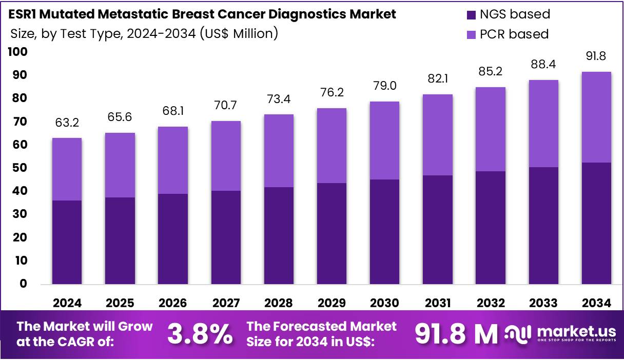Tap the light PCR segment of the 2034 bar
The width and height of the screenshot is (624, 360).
tap(596, 117)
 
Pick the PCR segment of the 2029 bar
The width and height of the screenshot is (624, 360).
tap(331, 146)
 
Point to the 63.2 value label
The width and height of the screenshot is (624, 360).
tap(67, 123)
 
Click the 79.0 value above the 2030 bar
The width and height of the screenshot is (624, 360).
tap(384, 86)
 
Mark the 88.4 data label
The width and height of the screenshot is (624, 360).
tap(543, 64)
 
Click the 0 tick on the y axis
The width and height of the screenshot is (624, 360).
tap(24, 284)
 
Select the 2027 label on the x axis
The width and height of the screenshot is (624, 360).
tap(225, 303)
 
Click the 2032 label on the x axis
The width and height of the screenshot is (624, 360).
tap(490, 303)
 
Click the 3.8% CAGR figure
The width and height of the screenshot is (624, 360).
tap(200, 334)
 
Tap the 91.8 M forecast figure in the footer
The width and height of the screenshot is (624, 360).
tap(456, 334)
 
